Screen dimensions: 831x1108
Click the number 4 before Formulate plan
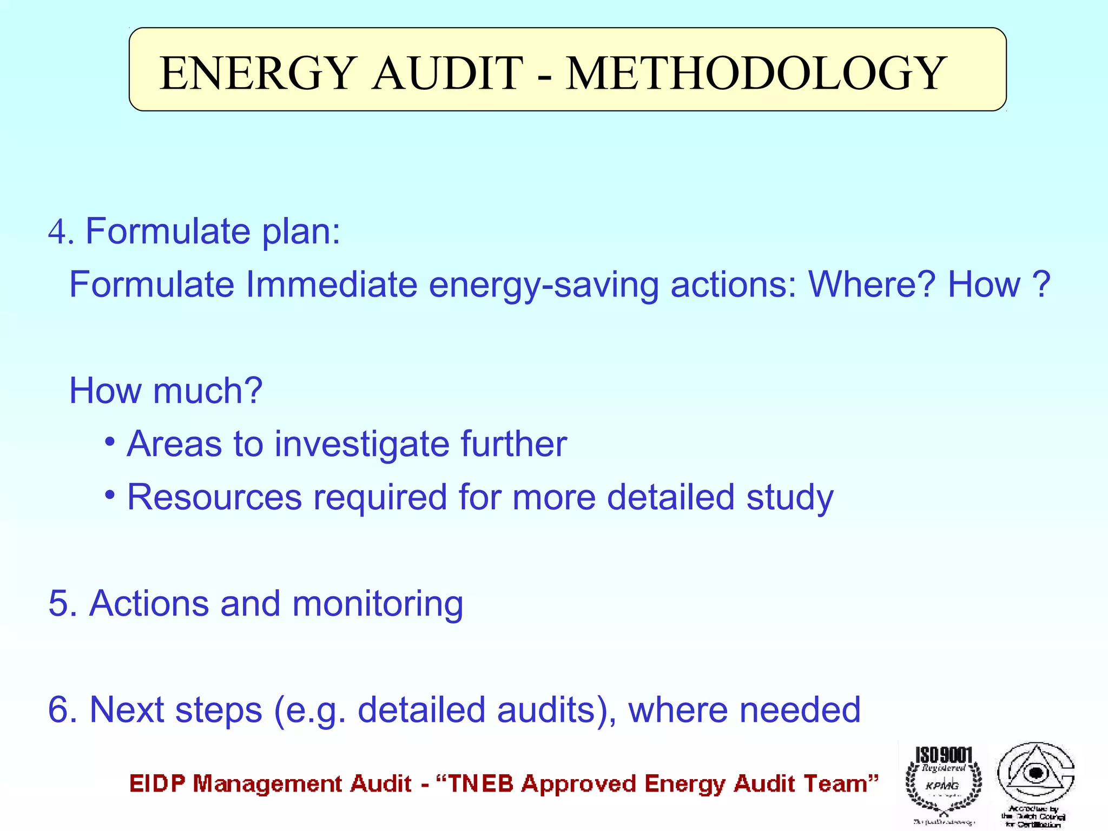(57, 232)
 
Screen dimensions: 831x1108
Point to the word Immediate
(331, 285)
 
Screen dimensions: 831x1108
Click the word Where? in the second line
(872, 285)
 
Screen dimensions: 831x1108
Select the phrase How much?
(166, 391)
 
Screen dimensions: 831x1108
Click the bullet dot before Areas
(110, 442)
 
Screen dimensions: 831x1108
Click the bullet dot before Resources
(110, 494)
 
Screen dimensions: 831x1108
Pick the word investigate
(362, 444)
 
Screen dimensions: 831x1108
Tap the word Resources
(214, 497)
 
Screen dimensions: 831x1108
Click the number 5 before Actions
(58, 603)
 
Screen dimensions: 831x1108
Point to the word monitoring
(378, 604)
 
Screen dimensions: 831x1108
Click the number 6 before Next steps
(58, 709)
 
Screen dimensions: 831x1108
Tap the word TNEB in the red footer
(480, 784)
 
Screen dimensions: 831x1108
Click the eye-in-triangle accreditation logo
(1036, 779)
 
